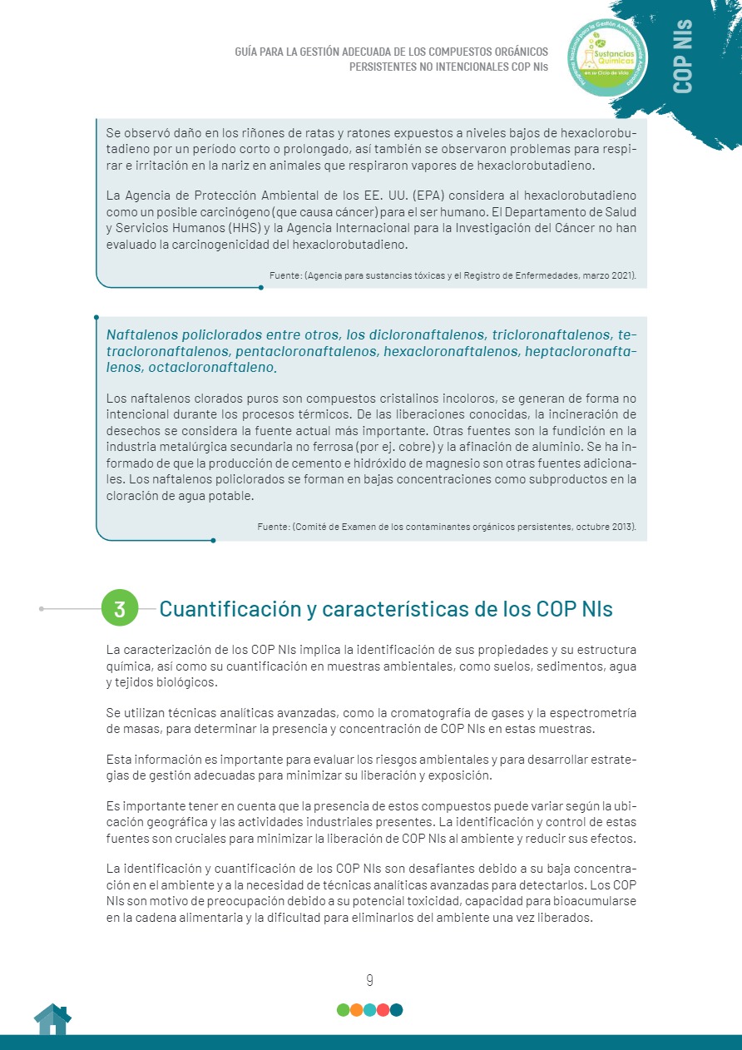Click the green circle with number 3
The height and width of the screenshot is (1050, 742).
coord(119,608)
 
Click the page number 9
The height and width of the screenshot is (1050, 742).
coord(369,980)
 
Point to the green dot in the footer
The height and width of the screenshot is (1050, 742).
coord(343,1010)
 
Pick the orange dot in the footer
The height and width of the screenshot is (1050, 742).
coord(356,1010)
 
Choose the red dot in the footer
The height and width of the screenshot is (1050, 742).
coord(383,1010)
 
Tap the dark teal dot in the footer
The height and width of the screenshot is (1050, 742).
coord(396,1010)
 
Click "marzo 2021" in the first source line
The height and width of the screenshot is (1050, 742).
coord(608,275)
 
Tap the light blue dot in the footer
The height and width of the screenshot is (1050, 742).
coord(369,1010)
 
